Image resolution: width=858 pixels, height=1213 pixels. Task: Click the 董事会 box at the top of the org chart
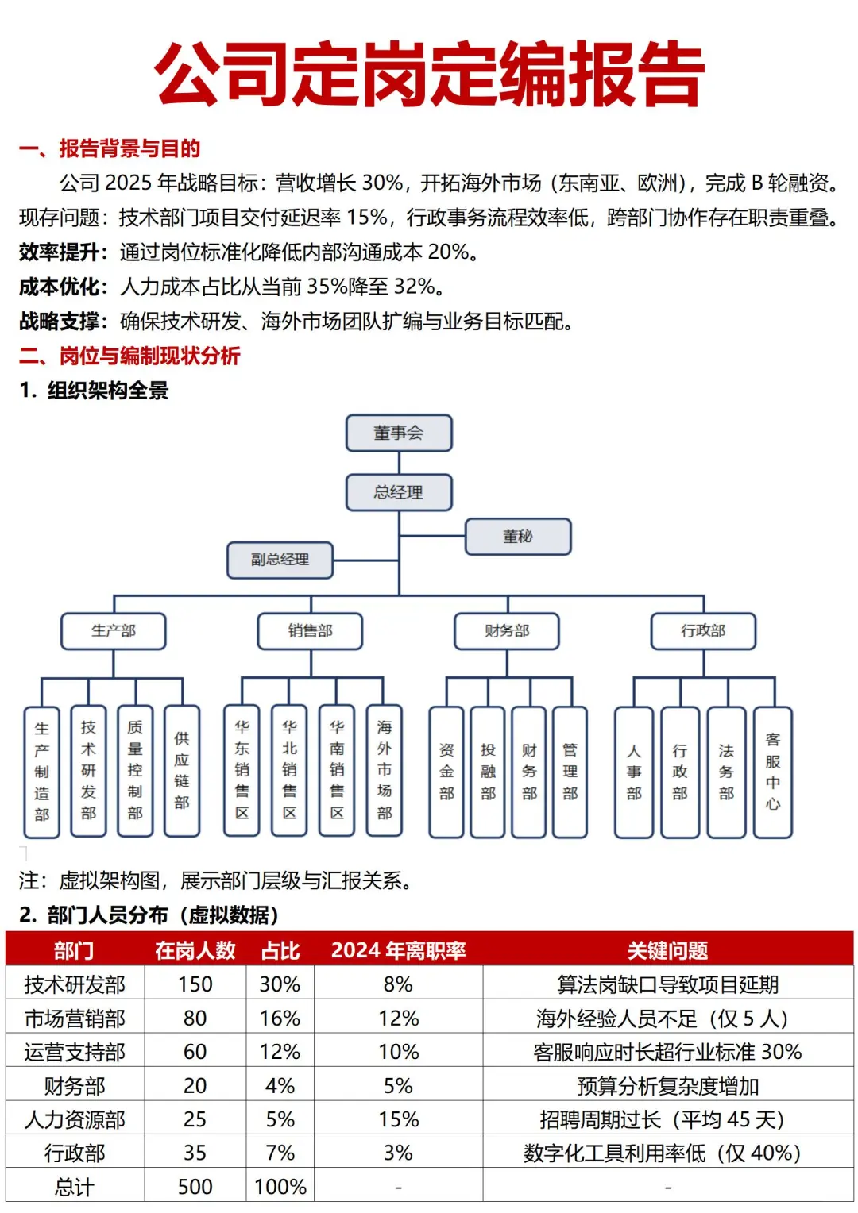(x=399, y=433)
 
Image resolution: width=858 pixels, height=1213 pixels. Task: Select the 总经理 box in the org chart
(x=399, y=492)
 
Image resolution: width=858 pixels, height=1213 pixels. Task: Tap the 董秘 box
(x=517, y=537)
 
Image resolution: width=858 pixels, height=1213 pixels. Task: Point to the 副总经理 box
(x=280, y=560)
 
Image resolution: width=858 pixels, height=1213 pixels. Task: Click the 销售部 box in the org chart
(x=310, y=631)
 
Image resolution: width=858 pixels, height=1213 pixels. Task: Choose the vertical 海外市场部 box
(x=385, y=770)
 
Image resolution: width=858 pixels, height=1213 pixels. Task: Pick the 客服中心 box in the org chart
(x=772, y=772)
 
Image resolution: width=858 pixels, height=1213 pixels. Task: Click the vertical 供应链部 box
(x=182, y=770)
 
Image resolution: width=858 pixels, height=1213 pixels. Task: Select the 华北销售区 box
(x=289, y=770)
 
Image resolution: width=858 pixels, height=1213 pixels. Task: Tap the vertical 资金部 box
(x=446, y=772)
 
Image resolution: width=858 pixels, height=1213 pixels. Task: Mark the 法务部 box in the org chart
(x=726, y=772)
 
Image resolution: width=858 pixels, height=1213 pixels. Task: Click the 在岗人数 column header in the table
(x=195, y=950)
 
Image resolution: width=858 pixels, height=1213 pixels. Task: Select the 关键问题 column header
(x=667, y=950)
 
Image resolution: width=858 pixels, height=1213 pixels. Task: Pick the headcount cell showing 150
(x=195, y=984)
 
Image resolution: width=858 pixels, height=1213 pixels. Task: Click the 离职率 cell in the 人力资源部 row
(x=398, y=1119)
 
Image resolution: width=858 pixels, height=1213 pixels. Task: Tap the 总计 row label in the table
(x=75, y=1187)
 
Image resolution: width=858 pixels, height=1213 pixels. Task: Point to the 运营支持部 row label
(x=75, y=1052)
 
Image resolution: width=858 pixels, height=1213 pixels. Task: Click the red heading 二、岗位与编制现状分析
(x=129, y=356)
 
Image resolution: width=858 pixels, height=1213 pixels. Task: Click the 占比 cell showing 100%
(x=280, y=1187)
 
